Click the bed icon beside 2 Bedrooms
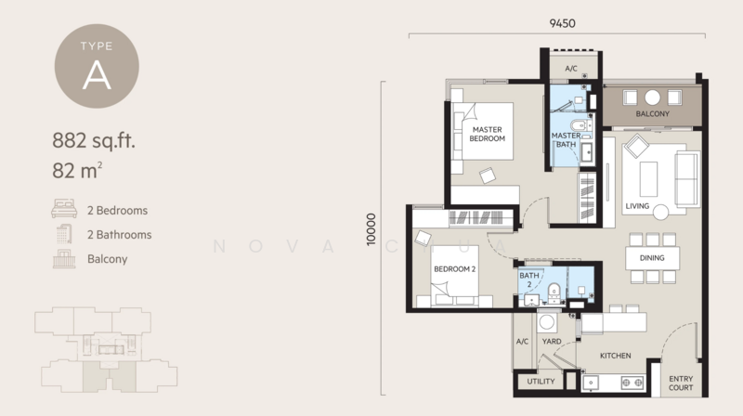[63, 211]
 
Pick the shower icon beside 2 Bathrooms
[63, 235]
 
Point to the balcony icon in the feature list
[63, 259]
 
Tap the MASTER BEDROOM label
[487, 134]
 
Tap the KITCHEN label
[615, 356]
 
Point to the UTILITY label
[541, 382]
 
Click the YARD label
[551, 341]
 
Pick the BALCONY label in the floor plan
[654, 115]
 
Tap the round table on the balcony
[653, 97]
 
